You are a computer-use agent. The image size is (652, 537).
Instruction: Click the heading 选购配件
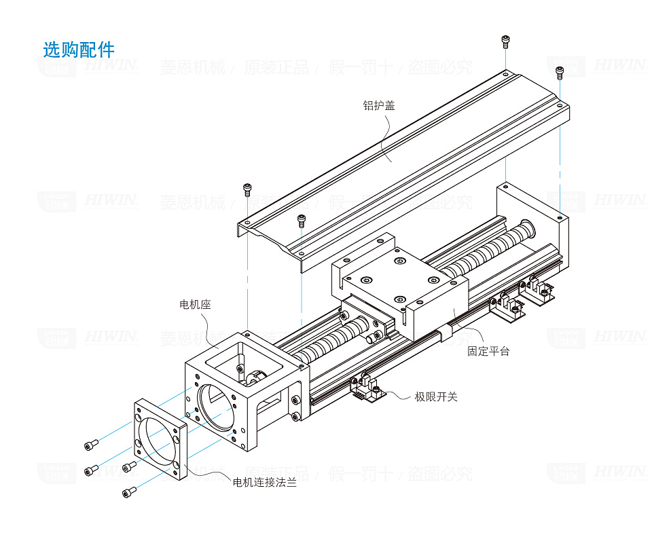click(x=79, y=50)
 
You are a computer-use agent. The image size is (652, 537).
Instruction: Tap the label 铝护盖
click(x=379, y=105)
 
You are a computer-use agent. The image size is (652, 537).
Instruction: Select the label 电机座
click(x=195, y=305)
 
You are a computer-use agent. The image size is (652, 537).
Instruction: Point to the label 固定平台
click(x=488, y=351)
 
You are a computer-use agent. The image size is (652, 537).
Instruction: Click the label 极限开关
click(x=436, y=396)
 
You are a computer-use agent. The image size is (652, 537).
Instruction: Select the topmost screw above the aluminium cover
click(x=505, y=42)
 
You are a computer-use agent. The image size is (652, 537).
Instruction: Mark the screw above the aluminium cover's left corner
click(x=247, y=188)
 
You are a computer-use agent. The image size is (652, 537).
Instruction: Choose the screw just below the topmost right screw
click(x=560, y=72)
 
